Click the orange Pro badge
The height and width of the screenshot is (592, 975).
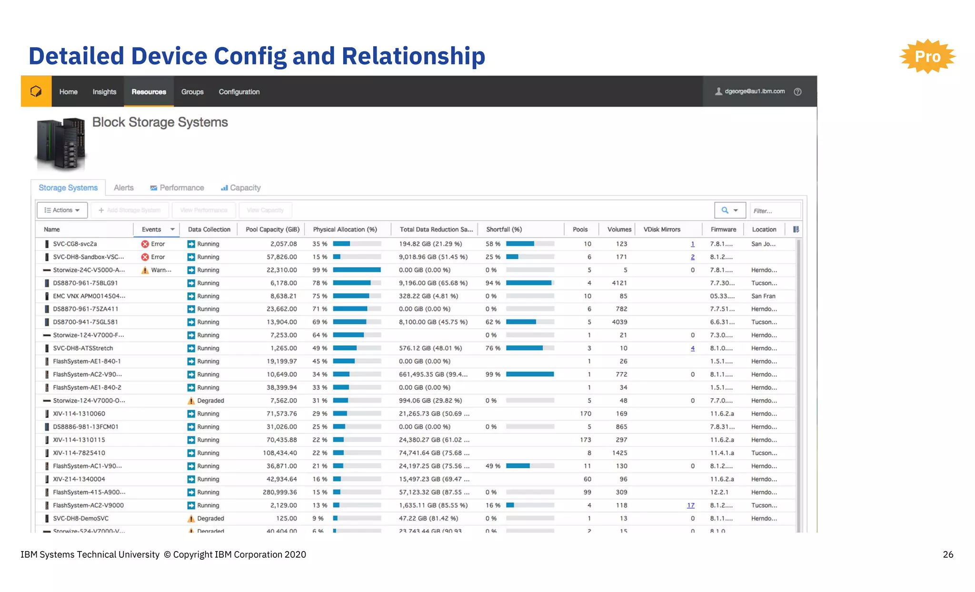click(x=927, y=56)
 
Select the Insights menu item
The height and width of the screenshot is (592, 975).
click(x=104, y=91)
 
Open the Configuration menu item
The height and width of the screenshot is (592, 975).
click(x=239, y=91)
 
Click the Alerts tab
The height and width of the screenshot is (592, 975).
click(x=124, y=188)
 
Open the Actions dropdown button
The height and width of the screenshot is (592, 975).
click(x=62, y=210)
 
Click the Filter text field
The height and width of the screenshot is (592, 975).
click(x=775, y=211)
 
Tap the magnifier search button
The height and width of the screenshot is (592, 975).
click(x=729, y=210)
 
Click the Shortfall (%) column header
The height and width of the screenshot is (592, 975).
click(x=504, y=229)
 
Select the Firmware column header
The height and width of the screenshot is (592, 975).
click(x=723, y=229)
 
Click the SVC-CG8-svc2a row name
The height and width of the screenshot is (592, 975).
click(x=75, y=244)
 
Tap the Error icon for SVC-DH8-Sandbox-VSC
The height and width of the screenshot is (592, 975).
click(x=145, y=257)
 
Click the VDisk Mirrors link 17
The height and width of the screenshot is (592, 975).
click(x=691, y=505)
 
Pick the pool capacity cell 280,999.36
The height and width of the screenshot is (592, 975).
click(x=280, y=492)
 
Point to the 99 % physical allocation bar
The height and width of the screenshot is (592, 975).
click(x=357, y=270)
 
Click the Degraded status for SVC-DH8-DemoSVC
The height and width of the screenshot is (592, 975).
click(x=210, y=518)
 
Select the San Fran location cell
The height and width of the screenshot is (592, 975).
click(x=763, y=296)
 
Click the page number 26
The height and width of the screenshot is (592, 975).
click(x=947, y=554)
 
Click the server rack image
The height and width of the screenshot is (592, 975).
click(x=61, y=144)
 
